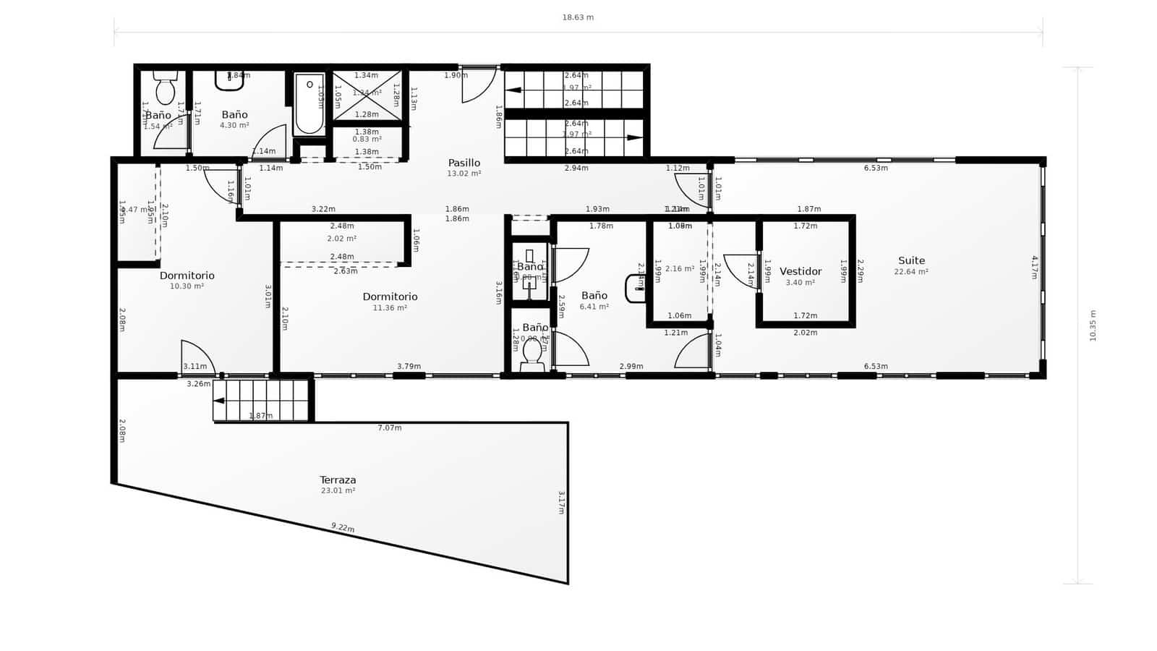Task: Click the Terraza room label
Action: point(338,480)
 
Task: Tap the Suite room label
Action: point(911,260)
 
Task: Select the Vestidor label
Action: point(800,271)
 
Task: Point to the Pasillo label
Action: point(464,163)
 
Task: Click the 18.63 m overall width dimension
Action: point(578,17)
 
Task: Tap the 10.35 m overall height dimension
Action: point(1093,325)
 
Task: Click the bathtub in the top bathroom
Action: point(309,105)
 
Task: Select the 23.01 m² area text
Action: point(338,490)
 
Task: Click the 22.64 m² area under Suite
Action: point(911,272)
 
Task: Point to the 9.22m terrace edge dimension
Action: point(343,527)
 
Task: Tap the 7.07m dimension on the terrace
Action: point(390,427)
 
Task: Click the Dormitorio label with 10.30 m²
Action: point(187,276)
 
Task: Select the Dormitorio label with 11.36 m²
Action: point(390,297)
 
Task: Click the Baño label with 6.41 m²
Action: point(594,295)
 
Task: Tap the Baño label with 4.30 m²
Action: point(234,114)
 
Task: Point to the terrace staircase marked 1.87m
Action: point(262,401)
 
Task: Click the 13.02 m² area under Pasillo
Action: point(464,174)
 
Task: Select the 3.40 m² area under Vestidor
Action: point(800,283)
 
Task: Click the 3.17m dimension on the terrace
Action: point(561,502)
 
